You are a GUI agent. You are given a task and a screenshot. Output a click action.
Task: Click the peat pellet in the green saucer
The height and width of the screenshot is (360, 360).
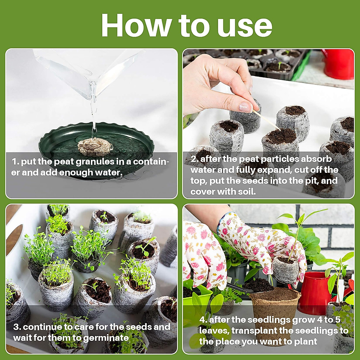coord(95,147)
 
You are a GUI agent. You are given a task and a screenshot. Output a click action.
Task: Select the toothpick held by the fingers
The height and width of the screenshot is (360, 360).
coord(266,120)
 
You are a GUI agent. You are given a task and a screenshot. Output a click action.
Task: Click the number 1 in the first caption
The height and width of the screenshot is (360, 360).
coord(14,162)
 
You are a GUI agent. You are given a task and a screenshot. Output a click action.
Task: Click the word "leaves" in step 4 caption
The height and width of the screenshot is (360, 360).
coord(214,331)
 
